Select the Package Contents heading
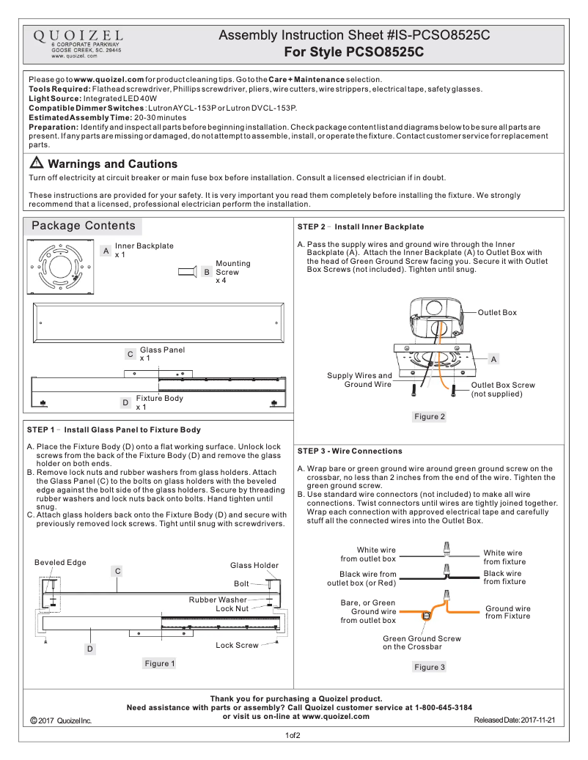83,226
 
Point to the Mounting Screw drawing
186,272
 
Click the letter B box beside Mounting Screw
207,272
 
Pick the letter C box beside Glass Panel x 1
130,354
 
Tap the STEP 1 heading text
114,429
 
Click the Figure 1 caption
160,663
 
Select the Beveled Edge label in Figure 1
60,562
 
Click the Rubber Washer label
218,599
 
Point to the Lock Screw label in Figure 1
237,645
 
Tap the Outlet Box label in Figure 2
497,312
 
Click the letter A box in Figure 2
493,359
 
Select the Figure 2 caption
430,416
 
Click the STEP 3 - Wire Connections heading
350,451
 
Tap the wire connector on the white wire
445,549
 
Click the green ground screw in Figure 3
425,616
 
